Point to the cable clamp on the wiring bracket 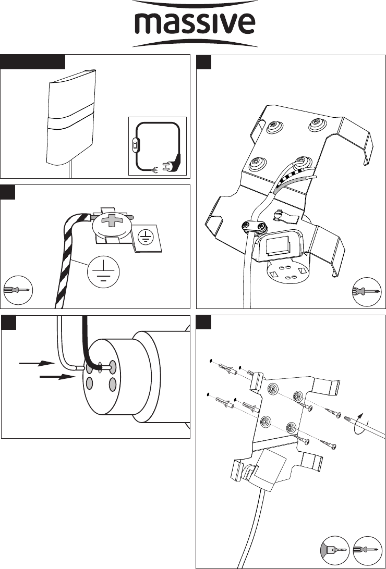pyautogui.click(x=252, y=225)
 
